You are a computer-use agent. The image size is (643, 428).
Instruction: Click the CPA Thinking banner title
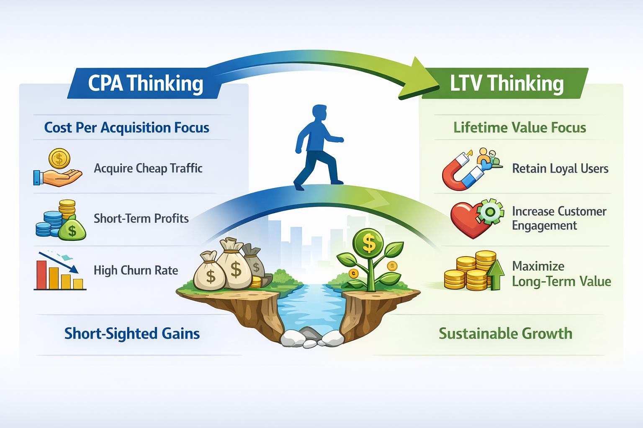(145, 84)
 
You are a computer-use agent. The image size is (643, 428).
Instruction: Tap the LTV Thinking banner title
(507, 84)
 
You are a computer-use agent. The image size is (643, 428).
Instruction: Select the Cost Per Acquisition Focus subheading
(126, 127)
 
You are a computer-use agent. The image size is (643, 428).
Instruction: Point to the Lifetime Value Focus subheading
(520, 127)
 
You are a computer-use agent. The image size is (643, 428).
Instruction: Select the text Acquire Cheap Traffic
(148, 168)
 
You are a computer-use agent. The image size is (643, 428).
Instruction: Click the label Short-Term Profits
(141, 219)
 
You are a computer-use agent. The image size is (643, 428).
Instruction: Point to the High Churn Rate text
(136, 270)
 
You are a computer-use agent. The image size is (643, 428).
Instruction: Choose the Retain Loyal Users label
(560, 169)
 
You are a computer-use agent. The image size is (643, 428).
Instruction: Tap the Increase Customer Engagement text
(558, 218)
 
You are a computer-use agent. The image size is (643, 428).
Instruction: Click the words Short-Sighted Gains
(132, 334)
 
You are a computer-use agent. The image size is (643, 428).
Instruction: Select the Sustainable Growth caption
(505, 334)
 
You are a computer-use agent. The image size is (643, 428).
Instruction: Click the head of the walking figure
(319, 113)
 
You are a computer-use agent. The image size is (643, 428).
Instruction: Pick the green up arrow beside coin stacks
(496, 274)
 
